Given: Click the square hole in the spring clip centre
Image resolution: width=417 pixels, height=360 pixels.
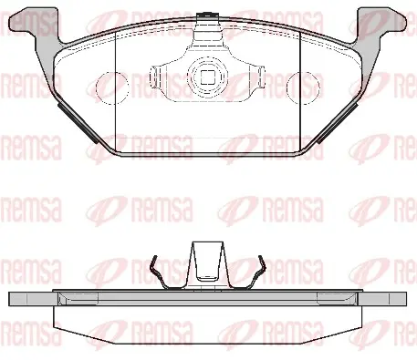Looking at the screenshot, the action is (208, 77).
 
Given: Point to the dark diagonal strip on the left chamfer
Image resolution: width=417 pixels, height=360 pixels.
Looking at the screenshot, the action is (78, 123).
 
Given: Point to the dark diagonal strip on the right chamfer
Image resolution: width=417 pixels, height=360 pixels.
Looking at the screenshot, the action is (337, 123).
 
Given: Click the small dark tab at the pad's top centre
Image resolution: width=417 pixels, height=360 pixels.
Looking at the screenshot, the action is (206, 15).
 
